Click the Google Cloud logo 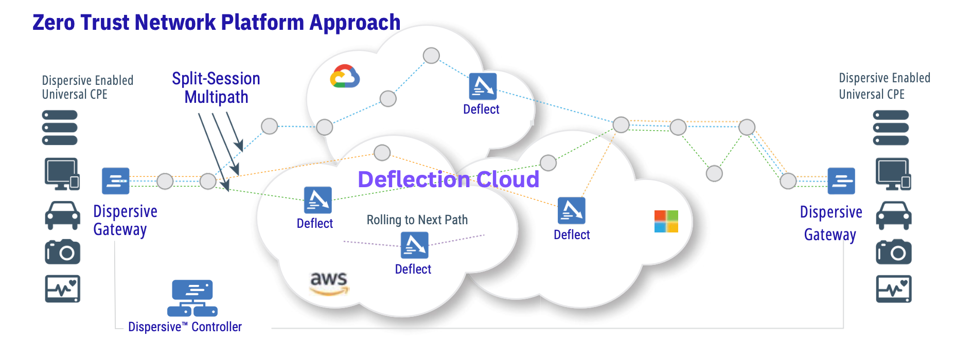[345, 77]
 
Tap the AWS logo [329, 283]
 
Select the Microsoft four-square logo [666, 221]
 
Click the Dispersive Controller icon [192, 298]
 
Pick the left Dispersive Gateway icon [115, 181]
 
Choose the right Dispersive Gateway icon [841, 181]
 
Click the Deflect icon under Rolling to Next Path [414, 245]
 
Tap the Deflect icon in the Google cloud [483, 86]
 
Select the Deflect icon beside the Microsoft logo [571, 210]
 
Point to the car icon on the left [62, 215]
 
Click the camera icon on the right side [893, 252]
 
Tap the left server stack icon [60, 128]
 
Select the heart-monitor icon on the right [893, 289]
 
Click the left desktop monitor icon [62, 173]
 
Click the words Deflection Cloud [448, 179]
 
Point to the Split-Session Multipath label [216, 87]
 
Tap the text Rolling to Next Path [417, 220]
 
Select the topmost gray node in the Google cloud [431, 55]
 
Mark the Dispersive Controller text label [185, 327]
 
